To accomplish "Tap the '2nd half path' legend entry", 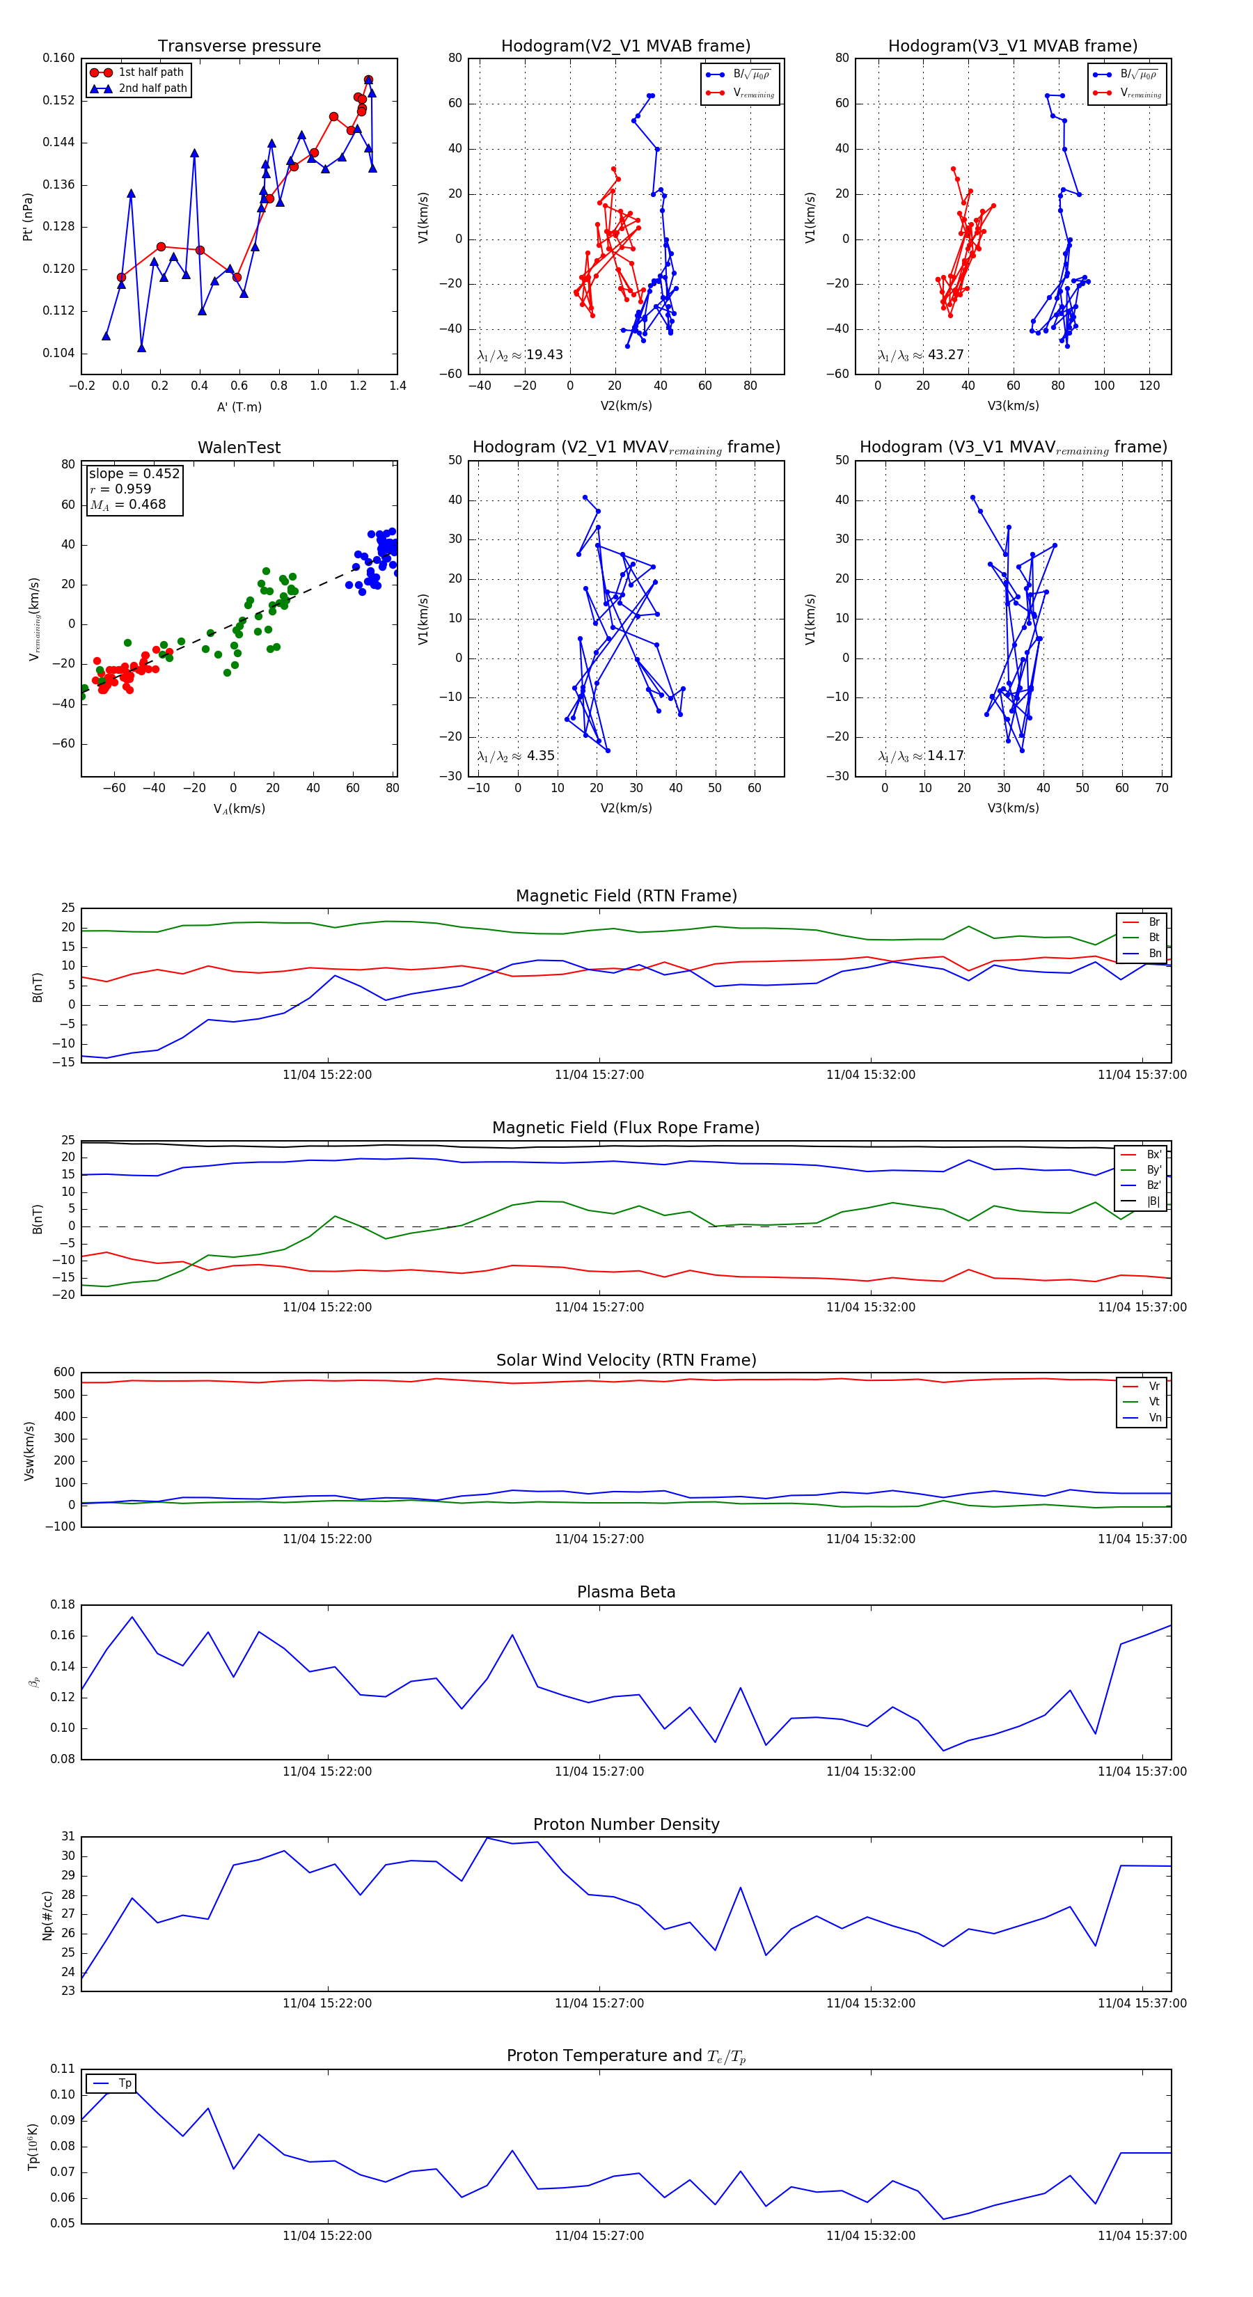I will tap(152, 88).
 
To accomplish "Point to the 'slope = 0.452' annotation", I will tap(134, 473).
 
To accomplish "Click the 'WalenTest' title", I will tap(239, 448).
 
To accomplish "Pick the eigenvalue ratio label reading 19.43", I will tap(520, 355).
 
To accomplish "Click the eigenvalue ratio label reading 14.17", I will tap(920, 756).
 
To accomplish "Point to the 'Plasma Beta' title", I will tap(626, 1593).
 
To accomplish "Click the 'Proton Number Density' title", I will tap(626, 1824).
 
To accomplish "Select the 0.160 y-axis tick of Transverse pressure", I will tap(59, 58).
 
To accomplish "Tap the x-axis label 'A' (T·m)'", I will tap(239, 407).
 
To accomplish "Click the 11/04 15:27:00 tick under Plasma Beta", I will tap(599, 1771).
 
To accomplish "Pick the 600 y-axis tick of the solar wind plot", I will tap(64, 1373).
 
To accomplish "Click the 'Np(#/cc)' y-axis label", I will tap(48, 1916).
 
